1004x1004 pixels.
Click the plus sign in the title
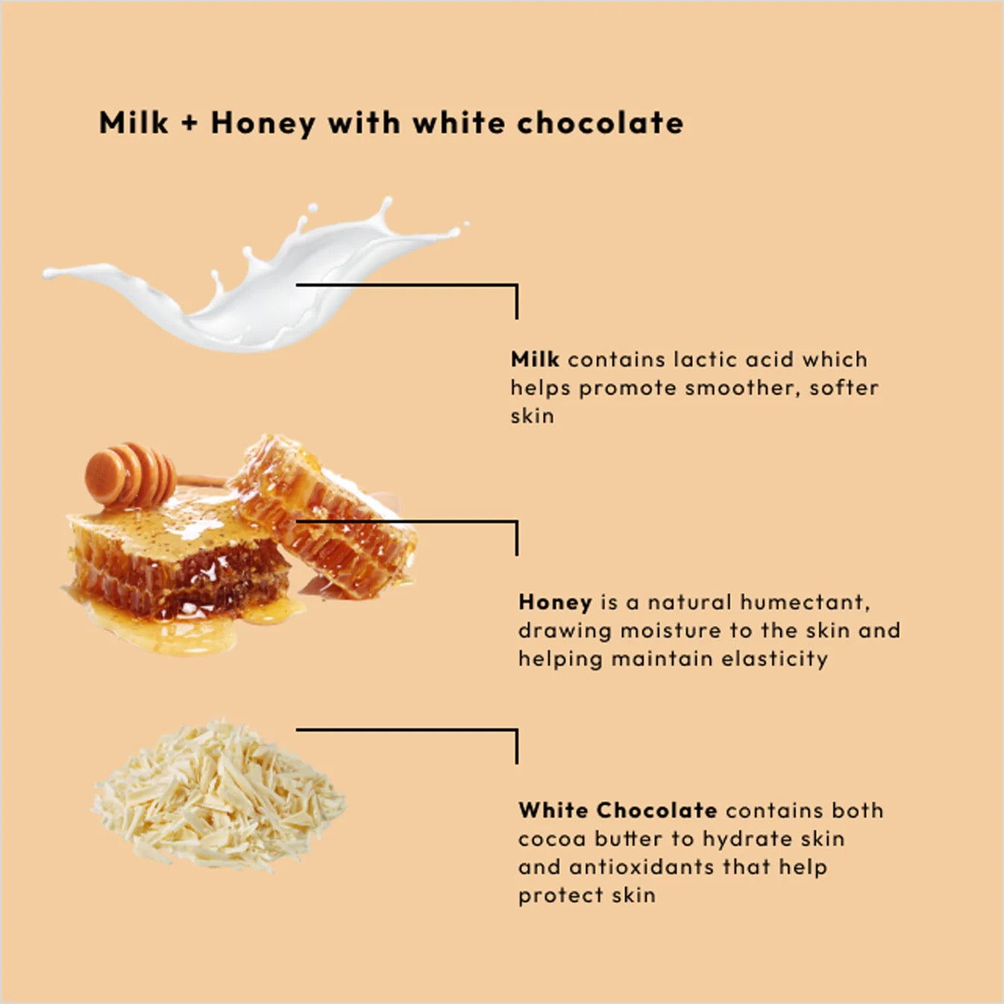189,124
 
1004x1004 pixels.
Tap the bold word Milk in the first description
534,360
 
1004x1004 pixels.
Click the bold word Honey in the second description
555,602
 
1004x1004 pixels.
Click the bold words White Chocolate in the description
618,810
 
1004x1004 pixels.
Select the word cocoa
552,838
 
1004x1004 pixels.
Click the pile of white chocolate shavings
218,796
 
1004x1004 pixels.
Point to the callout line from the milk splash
407,285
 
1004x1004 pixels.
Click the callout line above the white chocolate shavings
407,730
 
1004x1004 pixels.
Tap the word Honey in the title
263,124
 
